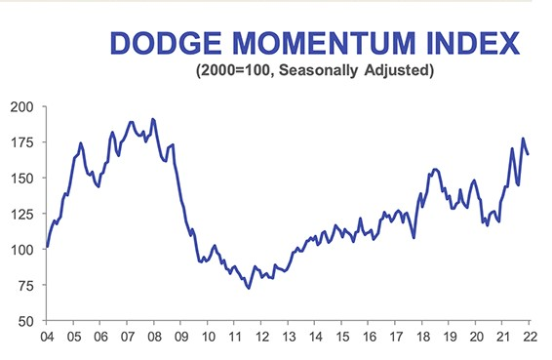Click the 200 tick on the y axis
(x=22, y=106)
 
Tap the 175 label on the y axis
(x=22, y=142)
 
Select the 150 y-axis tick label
(x=22, y=178)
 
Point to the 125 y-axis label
(x=22, y=214)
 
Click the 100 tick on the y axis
(x=22, y=249)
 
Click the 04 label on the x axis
(x=45, y=338)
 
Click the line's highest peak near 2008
(x=153, y=119)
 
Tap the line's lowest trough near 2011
(x=249, y=288)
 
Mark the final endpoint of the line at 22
(x=529, y=154)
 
